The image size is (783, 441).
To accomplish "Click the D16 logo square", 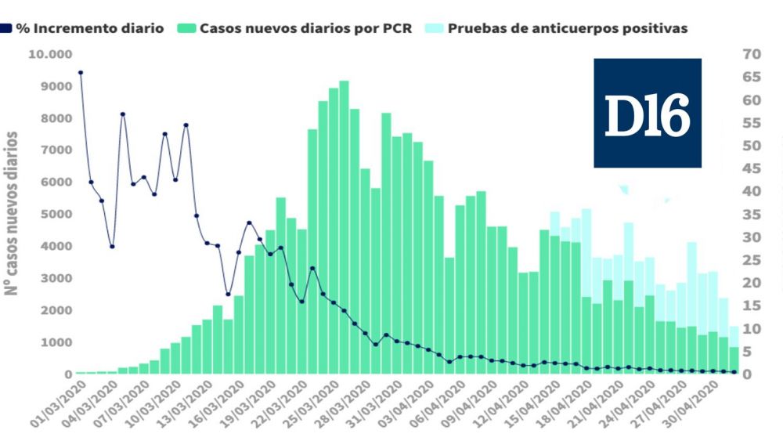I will (647, 113).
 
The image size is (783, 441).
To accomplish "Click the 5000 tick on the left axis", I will (57, 214).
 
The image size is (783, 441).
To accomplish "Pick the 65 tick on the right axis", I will (751, 77).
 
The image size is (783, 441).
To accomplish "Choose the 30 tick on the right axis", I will (751, 237).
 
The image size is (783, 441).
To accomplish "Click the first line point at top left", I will (81, 72).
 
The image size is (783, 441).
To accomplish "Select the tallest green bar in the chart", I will (344, 227).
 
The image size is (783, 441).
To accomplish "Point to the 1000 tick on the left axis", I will (57, 342).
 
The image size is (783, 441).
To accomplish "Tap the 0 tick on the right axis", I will (748, 374).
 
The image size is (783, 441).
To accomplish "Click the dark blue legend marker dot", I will (6, 28).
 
